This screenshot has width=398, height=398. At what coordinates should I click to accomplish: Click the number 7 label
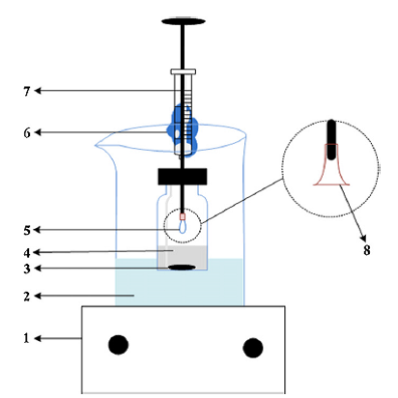[27, 92]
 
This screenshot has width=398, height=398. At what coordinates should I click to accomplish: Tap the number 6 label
[27, 132]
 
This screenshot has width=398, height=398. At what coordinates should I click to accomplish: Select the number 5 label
[27, 230]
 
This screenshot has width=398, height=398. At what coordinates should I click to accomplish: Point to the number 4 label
[27, 253]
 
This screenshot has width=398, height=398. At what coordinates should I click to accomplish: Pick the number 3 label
[27, 269]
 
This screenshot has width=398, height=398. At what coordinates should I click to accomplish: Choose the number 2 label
[27, 297]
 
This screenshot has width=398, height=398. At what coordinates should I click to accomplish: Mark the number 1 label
[26, 338]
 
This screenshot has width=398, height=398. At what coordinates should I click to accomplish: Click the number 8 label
[367, 250]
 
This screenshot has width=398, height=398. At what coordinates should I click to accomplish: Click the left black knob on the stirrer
[118, 345]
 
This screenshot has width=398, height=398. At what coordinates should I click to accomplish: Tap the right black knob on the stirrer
[253, 348]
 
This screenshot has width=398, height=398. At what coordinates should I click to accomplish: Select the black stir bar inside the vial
[183, 267]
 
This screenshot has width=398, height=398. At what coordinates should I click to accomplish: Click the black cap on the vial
[183, 177]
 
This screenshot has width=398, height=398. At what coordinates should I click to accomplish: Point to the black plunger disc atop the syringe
[184, 21]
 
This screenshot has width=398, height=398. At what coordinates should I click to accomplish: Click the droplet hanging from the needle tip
[183, 227]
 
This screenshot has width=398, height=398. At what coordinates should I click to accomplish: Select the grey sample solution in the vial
[183, 257]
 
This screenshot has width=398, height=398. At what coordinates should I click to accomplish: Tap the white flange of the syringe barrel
[184, 71]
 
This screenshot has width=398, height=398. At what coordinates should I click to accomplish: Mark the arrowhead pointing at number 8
[363, 238]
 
